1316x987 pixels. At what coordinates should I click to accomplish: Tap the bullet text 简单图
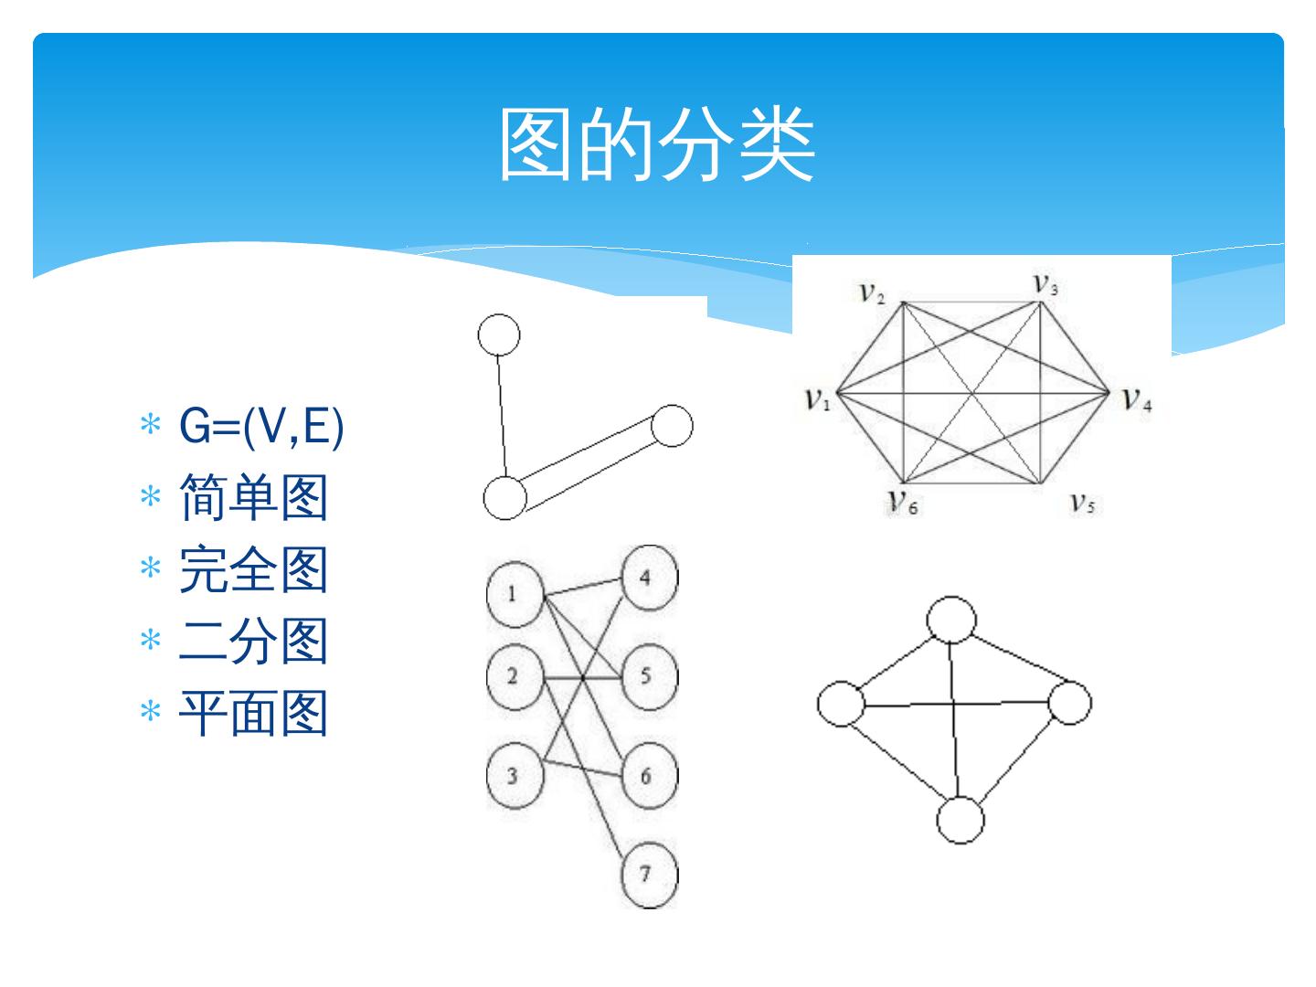click(253, 498)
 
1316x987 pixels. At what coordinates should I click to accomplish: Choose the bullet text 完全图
click(253, 569)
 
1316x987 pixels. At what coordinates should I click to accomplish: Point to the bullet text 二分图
click(253, 641)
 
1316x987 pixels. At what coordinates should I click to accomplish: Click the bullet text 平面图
click(253, 713)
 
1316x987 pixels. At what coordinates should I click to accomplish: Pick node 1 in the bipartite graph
click(514, 595)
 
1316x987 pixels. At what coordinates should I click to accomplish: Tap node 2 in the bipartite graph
click(514, 677)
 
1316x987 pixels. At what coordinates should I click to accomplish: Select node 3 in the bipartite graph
click(514, 776)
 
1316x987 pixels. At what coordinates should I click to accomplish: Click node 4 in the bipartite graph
click(648, 578)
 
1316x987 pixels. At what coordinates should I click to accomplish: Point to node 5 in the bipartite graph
click(648, 676)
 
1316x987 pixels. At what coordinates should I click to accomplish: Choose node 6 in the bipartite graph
click(648, 777)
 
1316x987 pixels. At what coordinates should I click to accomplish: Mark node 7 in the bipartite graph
click(648, 875)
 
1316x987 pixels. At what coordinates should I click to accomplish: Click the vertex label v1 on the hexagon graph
click(817, 398)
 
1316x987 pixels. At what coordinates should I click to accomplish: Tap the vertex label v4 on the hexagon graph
click(1137, 398)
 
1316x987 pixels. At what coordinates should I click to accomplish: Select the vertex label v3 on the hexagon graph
click(1045, 284)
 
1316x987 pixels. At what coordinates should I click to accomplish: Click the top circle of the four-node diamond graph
click(951, 621)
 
